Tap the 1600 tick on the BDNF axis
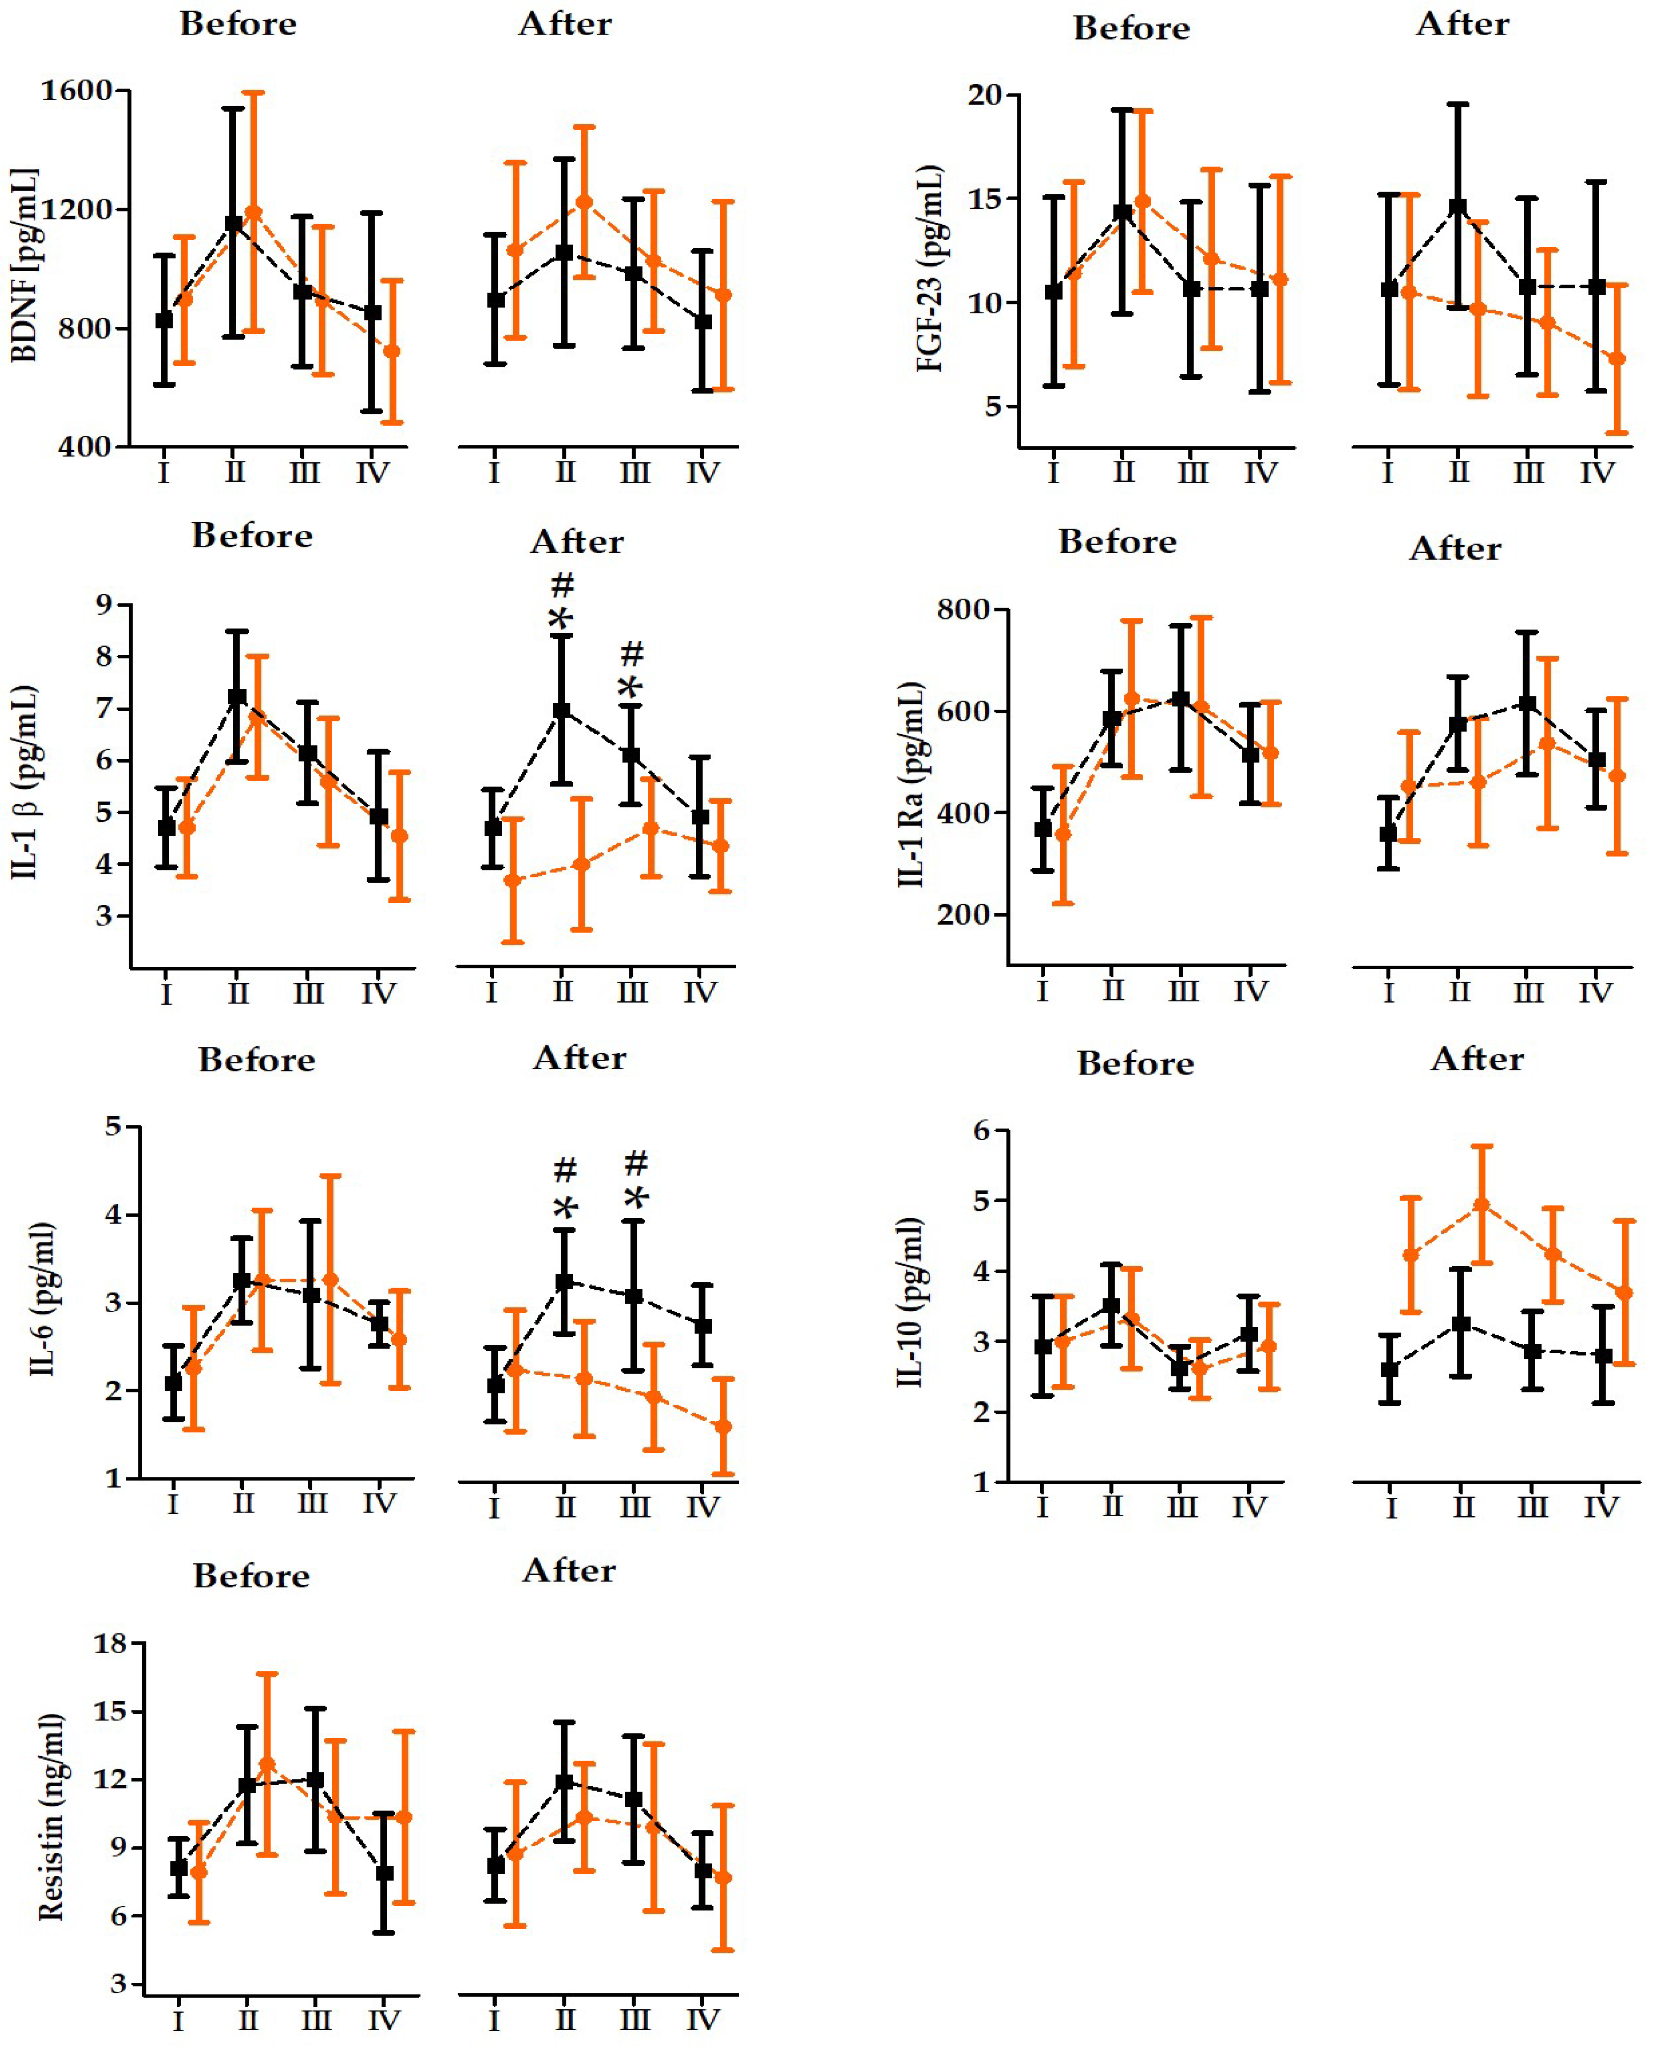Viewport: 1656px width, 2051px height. pos(76,91)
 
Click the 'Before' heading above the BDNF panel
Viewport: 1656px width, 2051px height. pos(239,24)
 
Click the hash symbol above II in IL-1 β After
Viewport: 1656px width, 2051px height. pos(563,584)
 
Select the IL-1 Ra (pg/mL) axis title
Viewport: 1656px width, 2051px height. pos(911,784)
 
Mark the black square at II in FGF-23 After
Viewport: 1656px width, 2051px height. pos(1458,206)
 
